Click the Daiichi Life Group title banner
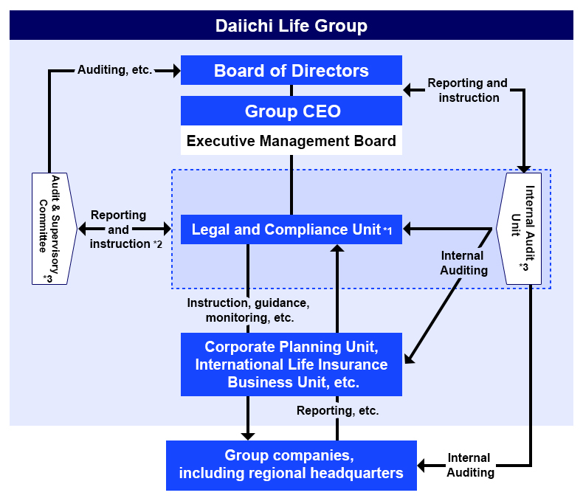click(x=291, y=26)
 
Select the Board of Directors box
click(x=291, y=71)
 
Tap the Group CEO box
click(x=291, y=111)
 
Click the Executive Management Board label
click(x=291, y=141)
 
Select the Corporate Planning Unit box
click(x=291, y=364)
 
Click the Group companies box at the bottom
click(x=291, y=465)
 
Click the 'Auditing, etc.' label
click(x=114, y=70)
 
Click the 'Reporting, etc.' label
click(x=337, y=411)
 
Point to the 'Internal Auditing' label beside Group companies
click(x=470, y=465)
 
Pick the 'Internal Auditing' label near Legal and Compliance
click(x=463, y=263)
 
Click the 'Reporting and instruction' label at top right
click(x=468, y=90)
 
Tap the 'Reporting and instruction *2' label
click(x=122, y=229)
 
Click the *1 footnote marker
click(x=387, y=232)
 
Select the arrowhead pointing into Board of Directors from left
click(x=176, y=71)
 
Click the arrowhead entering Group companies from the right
click(x=423, y=466)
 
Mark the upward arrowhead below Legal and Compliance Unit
click(x=337, y=249)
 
